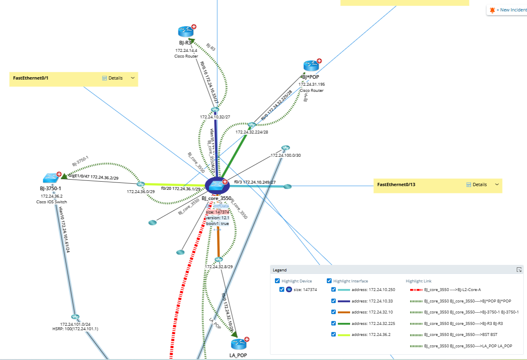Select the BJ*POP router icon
[310, 66]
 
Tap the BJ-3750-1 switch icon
[51, 178]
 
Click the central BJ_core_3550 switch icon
[217, 186]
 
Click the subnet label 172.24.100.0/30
[286, 156]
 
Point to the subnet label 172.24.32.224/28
[252, 132]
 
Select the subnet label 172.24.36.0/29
[141, 191]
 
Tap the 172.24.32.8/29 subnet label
[219, 267]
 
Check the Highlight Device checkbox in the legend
[277, 281]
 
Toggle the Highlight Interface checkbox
[329, 281]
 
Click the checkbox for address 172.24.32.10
[333, 312]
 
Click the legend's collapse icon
[519, 270]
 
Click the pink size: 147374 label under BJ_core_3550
[217, 212]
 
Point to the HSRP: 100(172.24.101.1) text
[75, 329]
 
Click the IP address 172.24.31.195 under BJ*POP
[312, 84]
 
